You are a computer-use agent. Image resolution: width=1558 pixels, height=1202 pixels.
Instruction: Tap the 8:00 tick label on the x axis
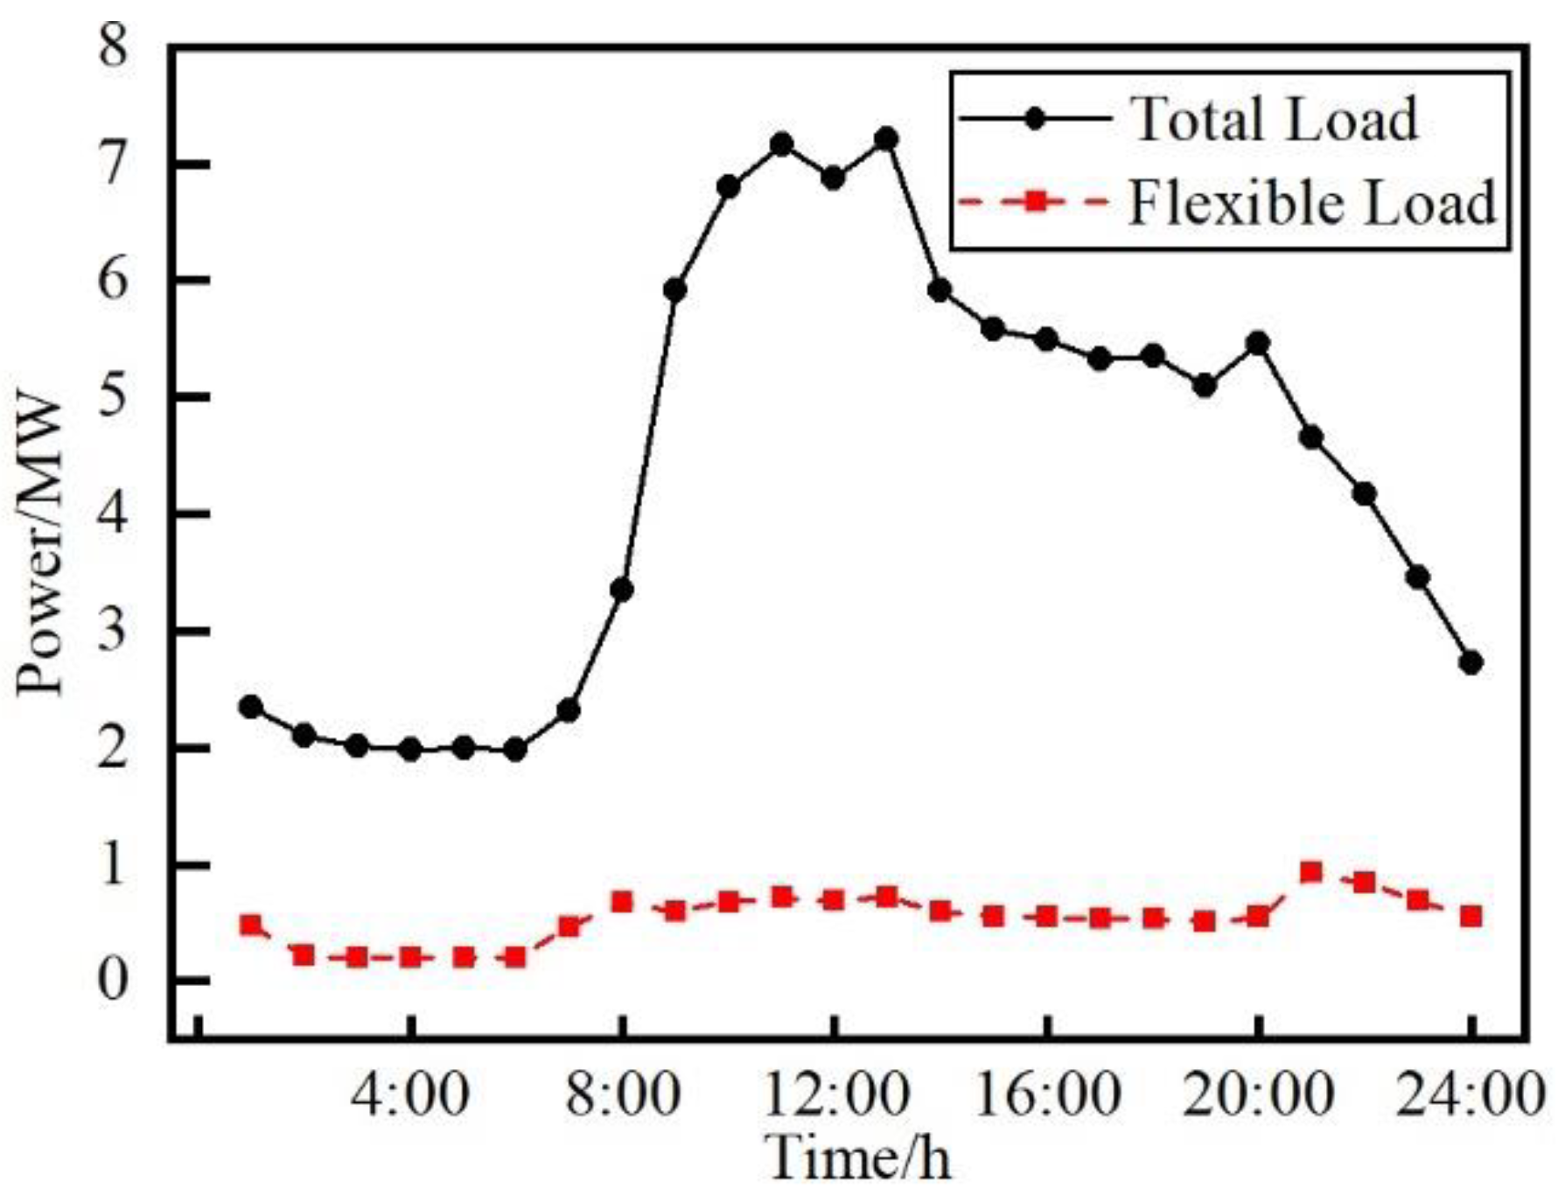(622, 1094)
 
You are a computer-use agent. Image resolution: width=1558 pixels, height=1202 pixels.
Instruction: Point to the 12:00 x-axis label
(836, 1094)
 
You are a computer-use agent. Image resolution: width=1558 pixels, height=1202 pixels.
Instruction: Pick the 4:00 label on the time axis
(410, 1094)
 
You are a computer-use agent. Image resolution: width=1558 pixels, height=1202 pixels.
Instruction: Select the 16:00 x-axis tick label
(1047, 1094)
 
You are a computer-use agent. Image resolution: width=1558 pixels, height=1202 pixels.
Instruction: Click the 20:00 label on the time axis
(1258, 1094)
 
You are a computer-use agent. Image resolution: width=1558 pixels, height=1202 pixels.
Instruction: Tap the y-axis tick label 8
(113, 46)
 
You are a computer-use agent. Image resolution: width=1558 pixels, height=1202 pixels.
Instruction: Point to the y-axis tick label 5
(113, 396)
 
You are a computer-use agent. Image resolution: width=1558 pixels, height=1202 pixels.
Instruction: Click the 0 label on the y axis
(113, 980)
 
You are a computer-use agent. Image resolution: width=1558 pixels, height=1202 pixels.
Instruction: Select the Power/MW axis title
(41, 547)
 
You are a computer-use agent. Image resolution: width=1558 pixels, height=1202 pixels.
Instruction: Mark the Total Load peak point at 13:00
(886, 139)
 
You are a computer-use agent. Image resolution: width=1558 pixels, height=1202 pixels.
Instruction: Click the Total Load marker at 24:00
(1471, 662)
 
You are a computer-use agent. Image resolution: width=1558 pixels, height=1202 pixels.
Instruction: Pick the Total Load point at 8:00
(622, 591)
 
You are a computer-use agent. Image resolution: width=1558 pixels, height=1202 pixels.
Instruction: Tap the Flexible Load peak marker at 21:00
(1310, 872)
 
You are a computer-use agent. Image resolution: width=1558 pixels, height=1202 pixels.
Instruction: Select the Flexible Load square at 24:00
(1471, 916)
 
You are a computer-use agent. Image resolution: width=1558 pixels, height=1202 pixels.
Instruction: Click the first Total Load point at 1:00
(251, 707)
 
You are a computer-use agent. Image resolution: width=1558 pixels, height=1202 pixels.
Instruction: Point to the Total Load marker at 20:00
(1258, 343)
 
